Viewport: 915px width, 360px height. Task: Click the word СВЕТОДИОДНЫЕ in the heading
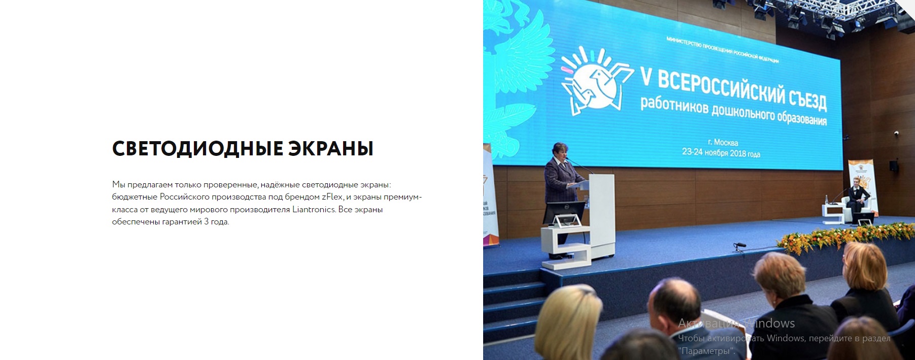coord(197,149)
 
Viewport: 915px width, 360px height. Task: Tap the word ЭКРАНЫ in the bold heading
coord(331,149)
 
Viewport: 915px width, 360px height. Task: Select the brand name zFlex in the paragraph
coord(332,197)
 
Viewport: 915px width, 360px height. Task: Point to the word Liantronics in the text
coord(314,209)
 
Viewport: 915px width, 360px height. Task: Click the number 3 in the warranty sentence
coord(206,222)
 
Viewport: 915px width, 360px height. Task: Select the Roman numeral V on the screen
coord(646,78)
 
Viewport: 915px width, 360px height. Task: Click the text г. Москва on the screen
coord(723,142)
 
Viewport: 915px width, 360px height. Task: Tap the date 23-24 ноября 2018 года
coord(721,152)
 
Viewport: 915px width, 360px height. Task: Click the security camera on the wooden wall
coord(896,133)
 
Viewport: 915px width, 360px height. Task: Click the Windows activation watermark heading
coord(736,323)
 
